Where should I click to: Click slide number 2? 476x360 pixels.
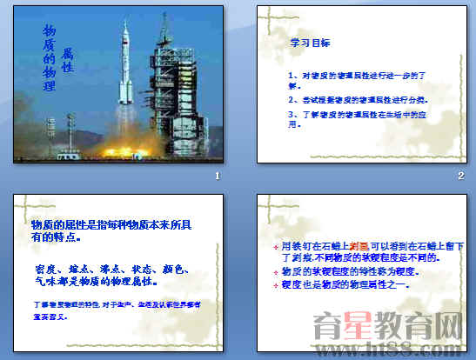pos(460,177)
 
